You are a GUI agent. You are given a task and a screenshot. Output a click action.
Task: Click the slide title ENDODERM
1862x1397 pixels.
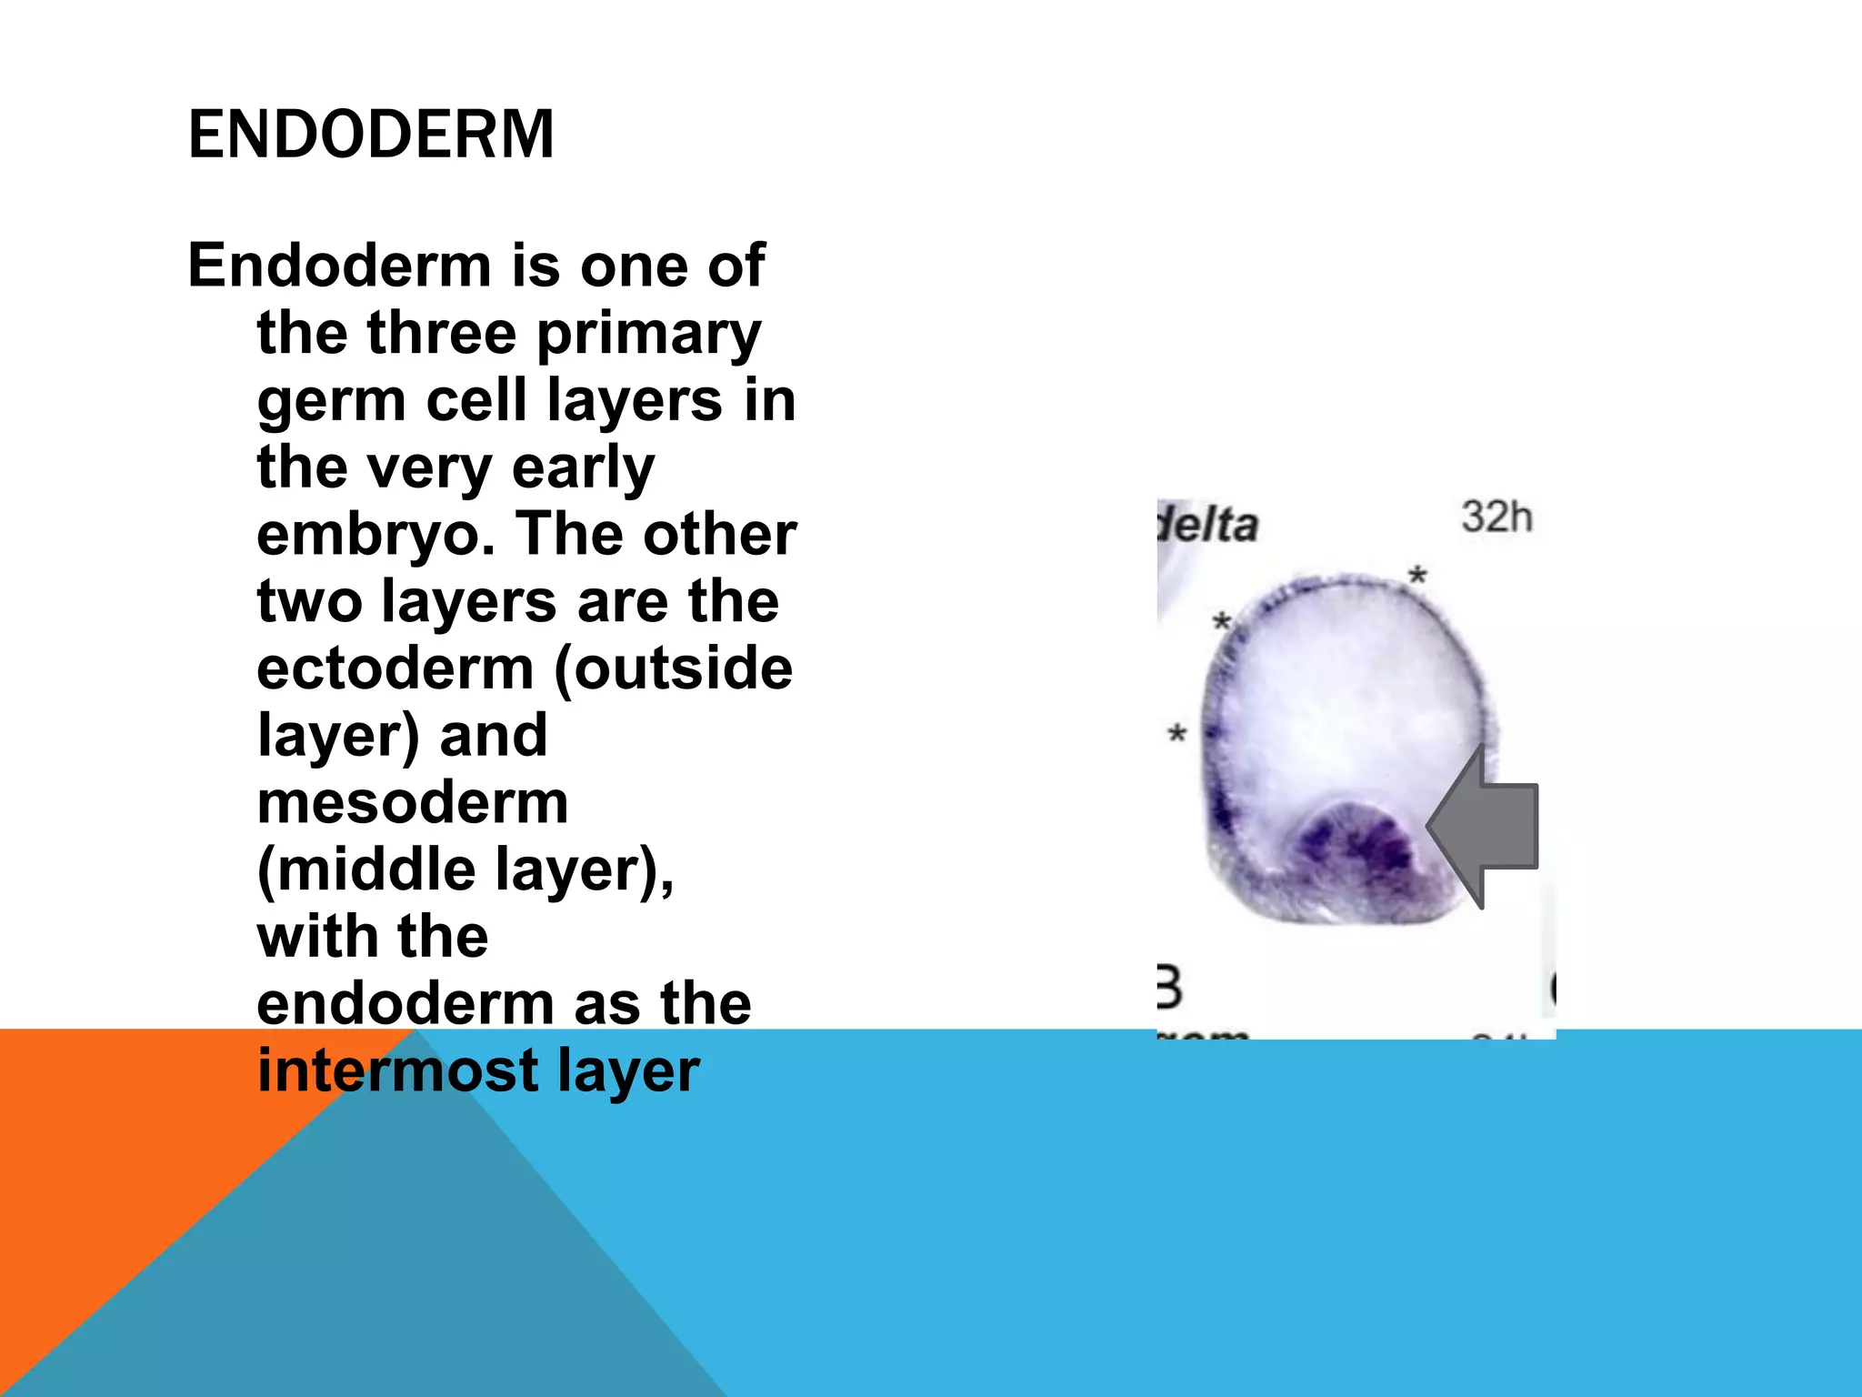tap(371, 135)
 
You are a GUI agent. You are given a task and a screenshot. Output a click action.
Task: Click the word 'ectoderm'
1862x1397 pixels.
tap(395, 668)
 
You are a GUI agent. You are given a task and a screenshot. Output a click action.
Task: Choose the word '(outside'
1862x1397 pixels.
tap(673, 670)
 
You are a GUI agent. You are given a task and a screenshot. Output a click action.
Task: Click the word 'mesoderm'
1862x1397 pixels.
tap(413, 803)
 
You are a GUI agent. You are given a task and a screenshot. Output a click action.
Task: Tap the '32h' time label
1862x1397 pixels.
tap(1497, 517)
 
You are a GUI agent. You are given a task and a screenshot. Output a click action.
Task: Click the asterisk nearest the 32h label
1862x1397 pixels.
tap(1417, 575)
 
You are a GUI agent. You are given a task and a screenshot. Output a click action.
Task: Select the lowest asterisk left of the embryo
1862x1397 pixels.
tap(1177, 732)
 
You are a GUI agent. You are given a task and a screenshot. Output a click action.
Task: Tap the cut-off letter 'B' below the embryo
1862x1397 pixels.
tap(1168, 988)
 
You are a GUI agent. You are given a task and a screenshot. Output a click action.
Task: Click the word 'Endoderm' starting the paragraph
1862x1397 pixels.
tap(339, 266)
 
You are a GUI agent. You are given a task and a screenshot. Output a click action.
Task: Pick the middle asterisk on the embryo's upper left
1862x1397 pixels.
tap(1222, 622)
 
